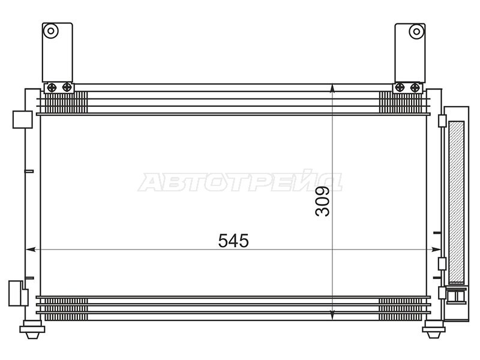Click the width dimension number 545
tap(233, 241)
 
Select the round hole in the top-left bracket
tap(52, 31)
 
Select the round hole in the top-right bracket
tap(415, 31)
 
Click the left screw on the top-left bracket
tap(52, 88)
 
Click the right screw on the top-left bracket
tap(66, 88)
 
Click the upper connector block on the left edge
tap(21, 119)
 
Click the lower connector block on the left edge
tap(18, 294)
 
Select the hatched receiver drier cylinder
tap(457, 201)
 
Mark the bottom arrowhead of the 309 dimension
tap(333, 316)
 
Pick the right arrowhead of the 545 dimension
tap(436, 249)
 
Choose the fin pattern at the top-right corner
tap(402, 102)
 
